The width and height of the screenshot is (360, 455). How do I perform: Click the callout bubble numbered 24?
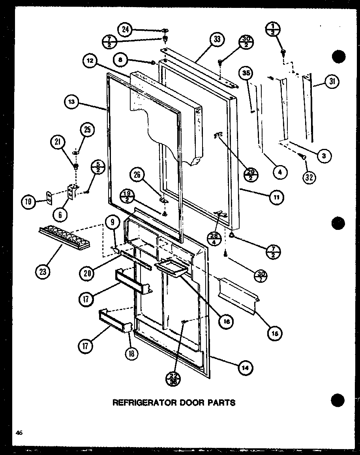(125, 29)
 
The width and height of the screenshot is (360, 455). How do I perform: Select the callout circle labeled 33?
(217, 39)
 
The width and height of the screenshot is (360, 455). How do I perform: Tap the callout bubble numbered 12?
(90, 61)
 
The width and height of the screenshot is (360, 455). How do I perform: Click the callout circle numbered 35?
(247, 74)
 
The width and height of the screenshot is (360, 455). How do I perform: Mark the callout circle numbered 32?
(309, 177)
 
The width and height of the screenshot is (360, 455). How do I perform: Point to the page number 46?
(19, 433)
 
